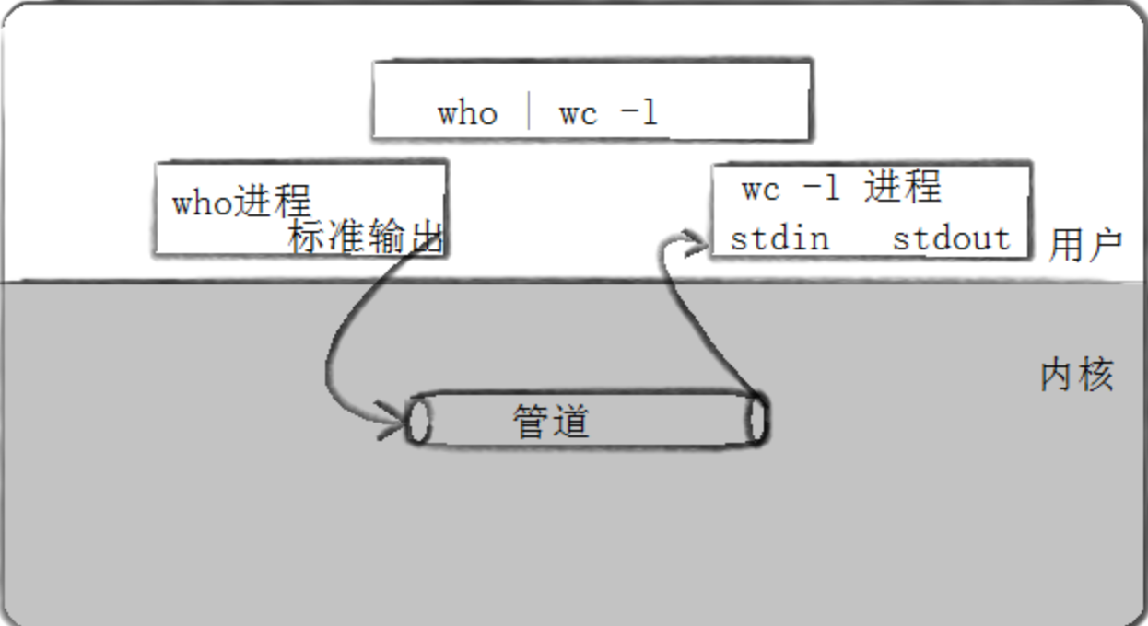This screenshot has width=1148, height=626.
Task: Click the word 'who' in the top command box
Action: pyautogui.click(x=467, y=114)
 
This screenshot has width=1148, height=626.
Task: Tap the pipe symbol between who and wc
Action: pyautogui.click(x=529, y=112)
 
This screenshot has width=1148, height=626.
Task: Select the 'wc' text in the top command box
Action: pyautogui.click(x=578, y=114)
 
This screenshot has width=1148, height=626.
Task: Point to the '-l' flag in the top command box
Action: pyautogui.click(x=638, y=113)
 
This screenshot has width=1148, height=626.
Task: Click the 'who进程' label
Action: pyautogui.click(x=241, y=202)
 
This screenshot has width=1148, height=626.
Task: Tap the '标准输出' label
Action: pyautogui.click(x=366, y=238)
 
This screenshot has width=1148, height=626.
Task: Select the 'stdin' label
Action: pyautogui.click(x=779, y=238)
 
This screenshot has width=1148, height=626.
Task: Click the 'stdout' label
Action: pyautogui.click(x=951, y=238)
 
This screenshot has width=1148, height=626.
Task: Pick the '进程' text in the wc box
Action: pyautogui.click(x=903, y=188)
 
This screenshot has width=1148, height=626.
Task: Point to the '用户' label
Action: pyautogui.click(x=1085, y=246)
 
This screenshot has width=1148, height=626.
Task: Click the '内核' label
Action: pyautogui.click(x=1077, y=376)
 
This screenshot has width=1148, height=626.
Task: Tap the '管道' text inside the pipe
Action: pyautogui.click(x=551, y=422)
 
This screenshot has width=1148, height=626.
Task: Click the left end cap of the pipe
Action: pyautogui.click(x=417, y=421)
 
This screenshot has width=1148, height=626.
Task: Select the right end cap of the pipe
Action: pyautogui.click(x=756, y=420)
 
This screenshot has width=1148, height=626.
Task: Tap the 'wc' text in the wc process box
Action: pyautogui.click(x=761, y=189)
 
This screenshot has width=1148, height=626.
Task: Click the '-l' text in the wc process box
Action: pyautogui.click(x=821, y=188)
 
